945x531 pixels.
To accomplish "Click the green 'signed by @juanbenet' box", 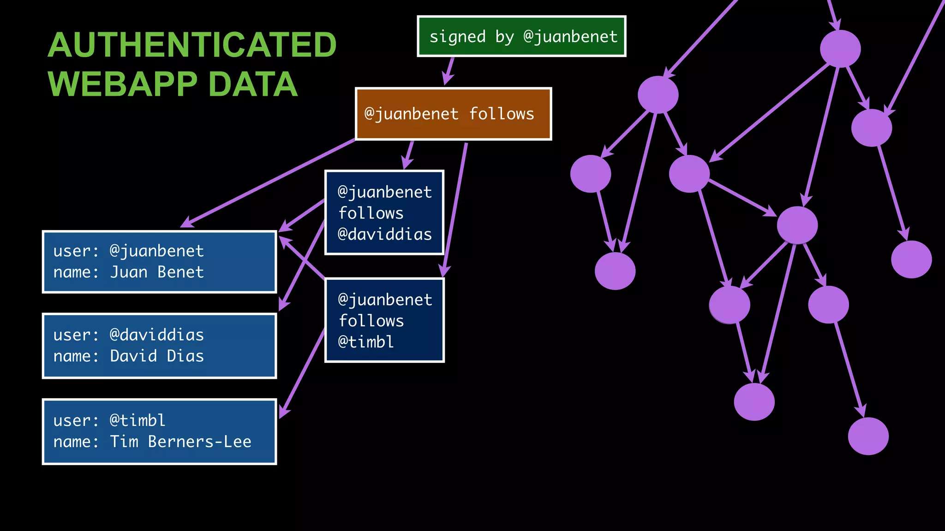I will (521, 36).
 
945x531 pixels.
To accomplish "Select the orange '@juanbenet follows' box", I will (453, 114).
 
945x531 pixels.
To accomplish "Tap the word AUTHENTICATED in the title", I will (192, 45).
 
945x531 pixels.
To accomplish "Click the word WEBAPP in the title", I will (122, 84).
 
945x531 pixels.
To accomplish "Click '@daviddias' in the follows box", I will (384, 235).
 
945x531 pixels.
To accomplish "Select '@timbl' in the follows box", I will (366, 342).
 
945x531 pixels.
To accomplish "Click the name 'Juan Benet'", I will (157, 272).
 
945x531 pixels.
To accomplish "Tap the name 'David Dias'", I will (157, 356).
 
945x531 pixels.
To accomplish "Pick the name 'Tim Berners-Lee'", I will (180, 442).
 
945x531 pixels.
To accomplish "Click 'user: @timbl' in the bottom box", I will (109, 420).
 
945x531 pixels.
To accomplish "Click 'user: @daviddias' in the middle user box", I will (128, 335).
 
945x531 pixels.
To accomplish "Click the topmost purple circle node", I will (840, 49).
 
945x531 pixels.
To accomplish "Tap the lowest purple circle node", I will (868, 436).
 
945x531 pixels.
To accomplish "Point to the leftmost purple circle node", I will (591, 174).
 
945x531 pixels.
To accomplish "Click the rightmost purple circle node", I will (911, 259).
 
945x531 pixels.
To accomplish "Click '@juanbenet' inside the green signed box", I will (570, 36).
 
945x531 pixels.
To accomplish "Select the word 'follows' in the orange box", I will (502, 114).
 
